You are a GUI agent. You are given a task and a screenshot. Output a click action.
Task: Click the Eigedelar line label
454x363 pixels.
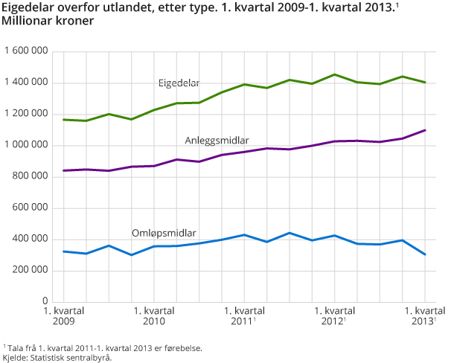pos(179,83)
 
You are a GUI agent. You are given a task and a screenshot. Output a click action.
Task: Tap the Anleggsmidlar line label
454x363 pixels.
pos(217,140)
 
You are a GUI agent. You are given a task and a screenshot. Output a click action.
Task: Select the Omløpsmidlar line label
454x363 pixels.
pos(163,233)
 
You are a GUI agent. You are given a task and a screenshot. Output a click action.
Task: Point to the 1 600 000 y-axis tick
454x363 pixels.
pos(27,51)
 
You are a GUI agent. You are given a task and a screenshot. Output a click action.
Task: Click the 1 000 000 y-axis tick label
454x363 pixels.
pos(27,145)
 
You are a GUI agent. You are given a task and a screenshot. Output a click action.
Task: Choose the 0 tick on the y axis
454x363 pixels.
pos(45,301)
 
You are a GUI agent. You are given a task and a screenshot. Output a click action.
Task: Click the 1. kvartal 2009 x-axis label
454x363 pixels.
pos(63,316)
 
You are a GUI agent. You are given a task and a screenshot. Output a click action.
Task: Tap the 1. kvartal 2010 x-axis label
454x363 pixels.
pos(153,316)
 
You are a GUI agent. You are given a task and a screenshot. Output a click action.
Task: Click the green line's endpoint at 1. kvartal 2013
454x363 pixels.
pos(425,83)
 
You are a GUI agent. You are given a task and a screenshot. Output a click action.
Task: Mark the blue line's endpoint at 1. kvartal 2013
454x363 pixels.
pos(425,254)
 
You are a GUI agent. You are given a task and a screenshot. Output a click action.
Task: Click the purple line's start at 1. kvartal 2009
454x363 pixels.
pos(63,170)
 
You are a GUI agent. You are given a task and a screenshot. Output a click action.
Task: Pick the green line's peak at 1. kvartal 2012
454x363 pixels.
pos(335,74)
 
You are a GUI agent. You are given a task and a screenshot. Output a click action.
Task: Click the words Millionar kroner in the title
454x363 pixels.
pos(49,22)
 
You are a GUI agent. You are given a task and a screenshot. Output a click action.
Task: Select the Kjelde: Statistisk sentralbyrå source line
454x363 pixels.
pos(57,357)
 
